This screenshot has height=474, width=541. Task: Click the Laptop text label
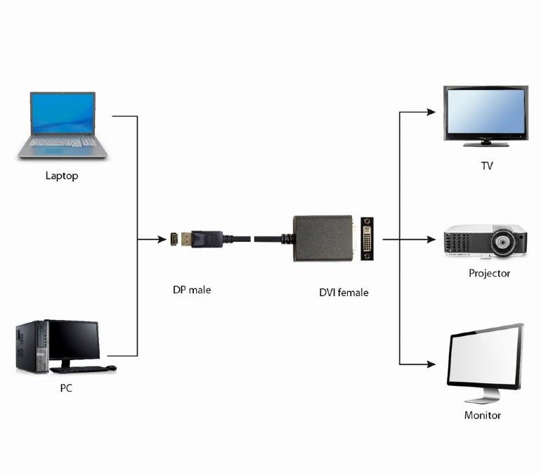(62, 176)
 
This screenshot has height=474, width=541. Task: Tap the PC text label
(65, 387)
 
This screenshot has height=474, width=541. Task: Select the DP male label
(191, 289)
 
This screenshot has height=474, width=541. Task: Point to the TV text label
(486, 166)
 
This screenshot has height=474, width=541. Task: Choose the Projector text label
(489, 273)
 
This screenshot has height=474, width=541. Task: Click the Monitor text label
(483, 415)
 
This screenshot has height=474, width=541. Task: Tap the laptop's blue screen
(63, 113)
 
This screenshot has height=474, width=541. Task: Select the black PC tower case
(31, 346)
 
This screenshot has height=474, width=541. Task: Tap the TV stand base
(485, 143)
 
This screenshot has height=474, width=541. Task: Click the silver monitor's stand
(481, 395)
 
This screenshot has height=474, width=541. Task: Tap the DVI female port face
(370, 239)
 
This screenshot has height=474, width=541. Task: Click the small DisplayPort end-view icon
(174, 240)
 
